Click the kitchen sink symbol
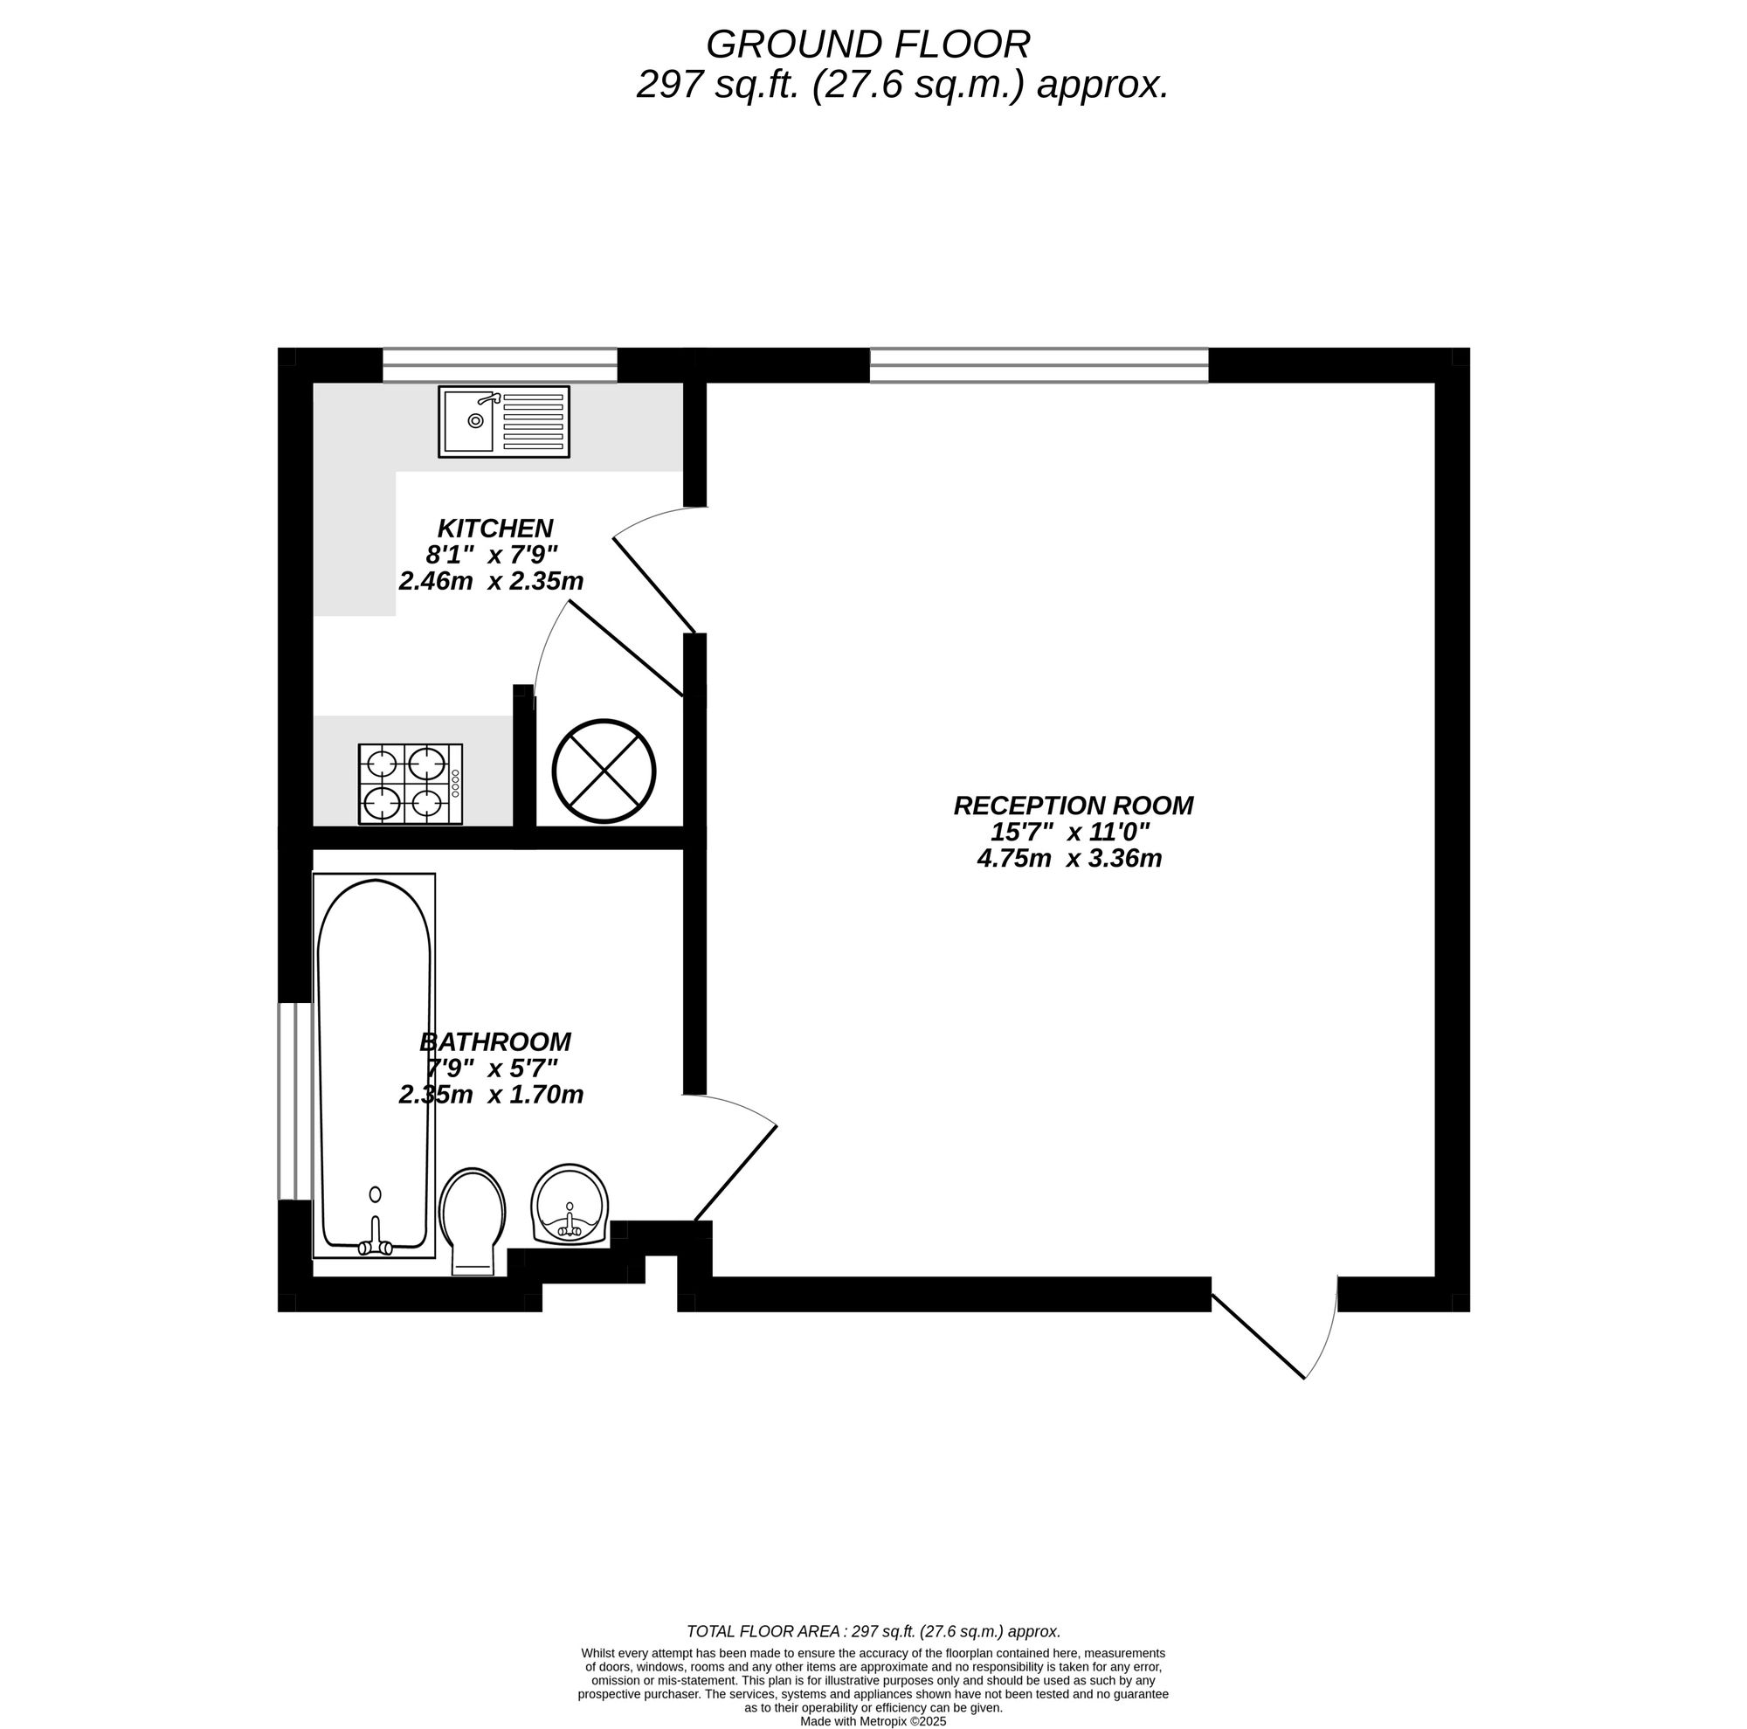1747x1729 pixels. tap(504, 421)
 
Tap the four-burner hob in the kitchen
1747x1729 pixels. tap(411, 784)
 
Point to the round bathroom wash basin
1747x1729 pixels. tap(570, 1205)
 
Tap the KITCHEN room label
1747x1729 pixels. tap(494, 528)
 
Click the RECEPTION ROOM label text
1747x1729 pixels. tap(1074, 806)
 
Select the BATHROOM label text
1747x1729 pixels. tap(494, 1041)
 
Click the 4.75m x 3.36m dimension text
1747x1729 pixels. tap(1069, 859)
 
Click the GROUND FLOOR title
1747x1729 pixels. tap(867, 45)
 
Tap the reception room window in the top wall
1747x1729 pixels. tap(1039, 365)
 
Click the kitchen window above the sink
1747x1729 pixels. tap(499, 365)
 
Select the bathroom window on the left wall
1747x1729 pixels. tap(293, 1101)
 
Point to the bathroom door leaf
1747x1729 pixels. tap(735, 1172)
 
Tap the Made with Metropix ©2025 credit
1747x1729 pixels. tap(873, 1722)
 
